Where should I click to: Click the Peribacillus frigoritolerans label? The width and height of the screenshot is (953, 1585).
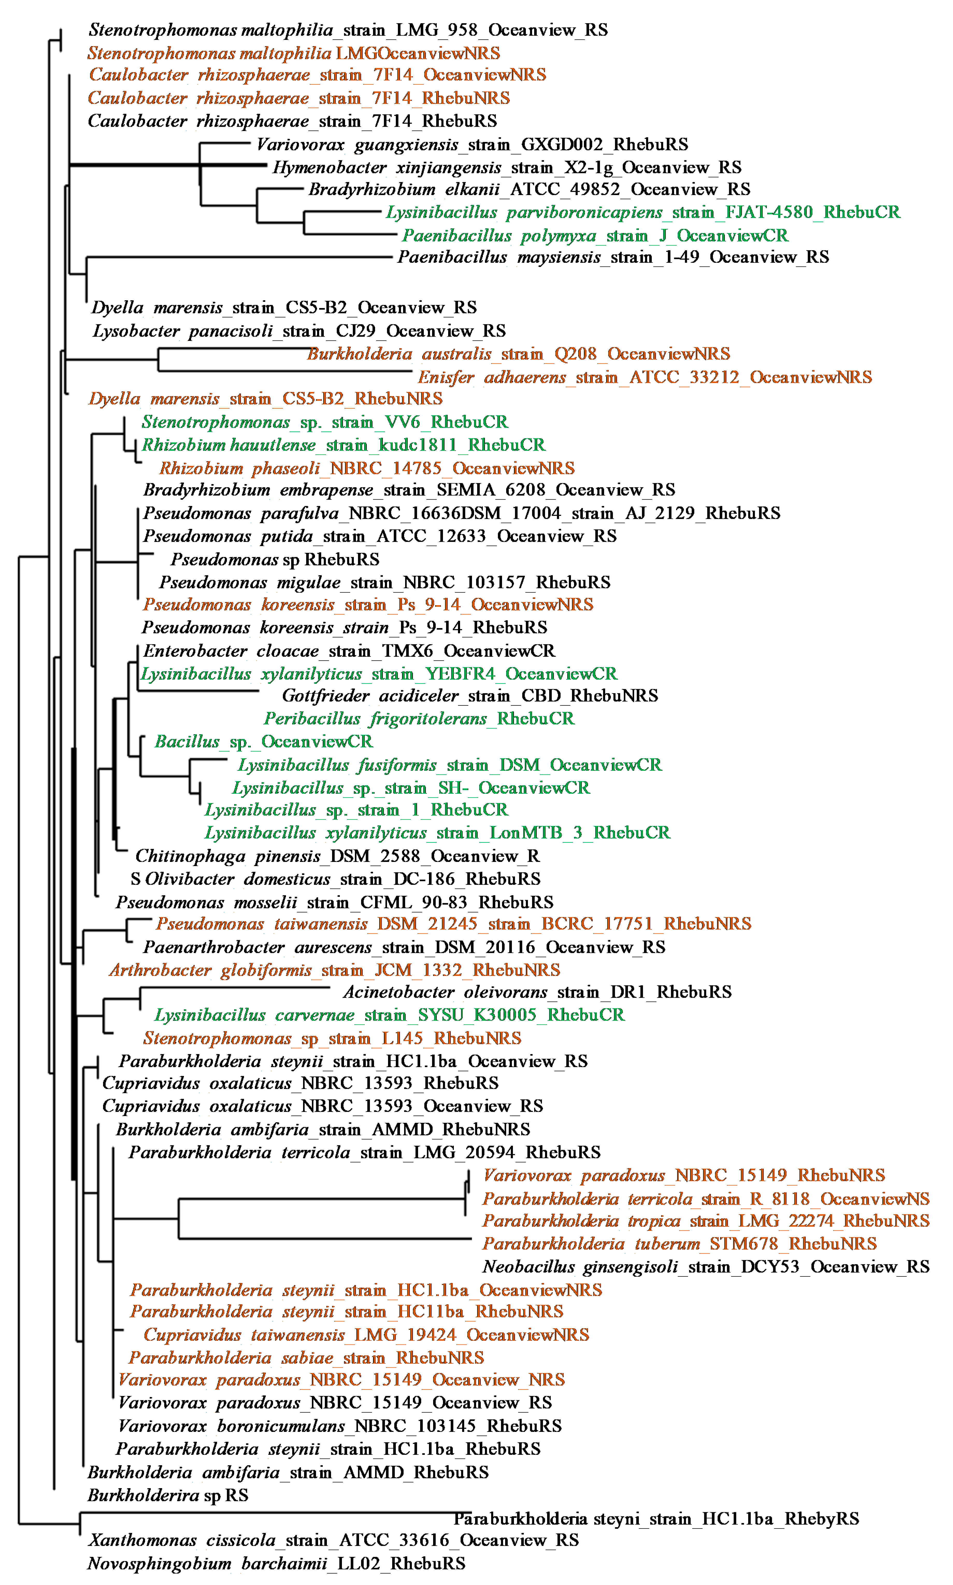tap(419, 719)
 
